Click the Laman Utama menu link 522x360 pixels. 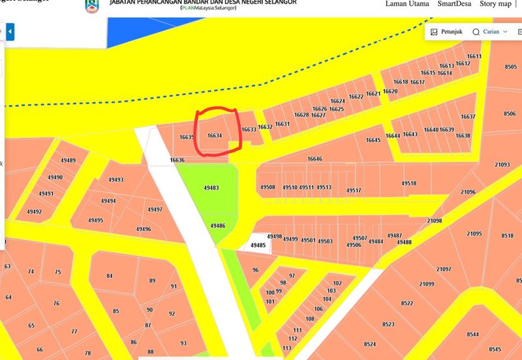click(407, 4)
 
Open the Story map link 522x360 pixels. click(496, 4)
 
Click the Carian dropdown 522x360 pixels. click(490, 31)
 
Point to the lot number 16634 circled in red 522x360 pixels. click(215, 136)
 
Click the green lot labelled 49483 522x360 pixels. click(211, 188)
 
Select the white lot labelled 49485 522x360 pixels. click(258, 245)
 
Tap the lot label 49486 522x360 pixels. click(218, 226)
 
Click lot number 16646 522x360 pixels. click(315, 159)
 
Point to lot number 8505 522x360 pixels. click(510, 67)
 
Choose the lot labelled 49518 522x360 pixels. click(409, 184)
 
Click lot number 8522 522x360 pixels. click(407, 303)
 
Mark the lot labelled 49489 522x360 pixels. click(66, 161)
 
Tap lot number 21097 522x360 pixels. click(444, 269)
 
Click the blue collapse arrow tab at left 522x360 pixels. click(10, 31)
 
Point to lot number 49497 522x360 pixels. click(155, 210)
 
